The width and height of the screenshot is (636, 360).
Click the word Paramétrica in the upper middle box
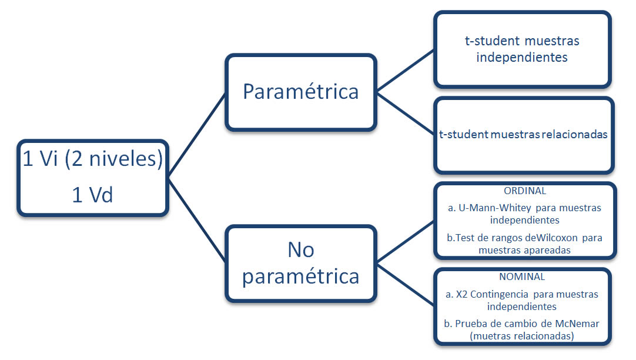[x=300, y=91]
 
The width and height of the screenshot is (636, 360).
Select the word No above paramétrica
[x=301, y=249]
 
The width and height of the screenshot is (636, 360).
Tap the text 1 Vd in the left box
[x=92, y=195]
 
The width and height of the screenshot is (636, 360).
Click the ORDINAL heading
[x=525, y=191]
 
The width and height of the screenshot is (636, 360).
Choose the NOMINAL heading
[x=522, y=277]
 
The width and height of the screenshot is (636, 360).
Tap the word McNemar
[x=577, y=324]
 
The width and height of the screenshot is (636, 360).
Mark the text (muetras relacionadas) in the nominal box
[x=522, y=336]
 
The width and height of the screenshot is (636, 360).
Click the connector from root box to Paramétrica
[x=197, y=135]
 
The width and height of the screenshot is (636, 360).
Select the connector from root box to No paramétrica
[x=197, y=220]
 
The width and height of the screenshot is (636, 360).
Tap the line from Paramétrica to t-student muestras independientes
[x=405, y=71]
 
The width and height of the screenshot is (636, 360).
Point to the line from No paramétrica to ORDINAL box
[x=405, y=242]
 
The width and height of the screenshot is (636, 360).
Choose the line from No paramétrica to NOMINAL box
[x=405, y=284]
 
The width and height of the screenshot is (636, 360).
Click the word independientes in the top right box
[x=522, y=57]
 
